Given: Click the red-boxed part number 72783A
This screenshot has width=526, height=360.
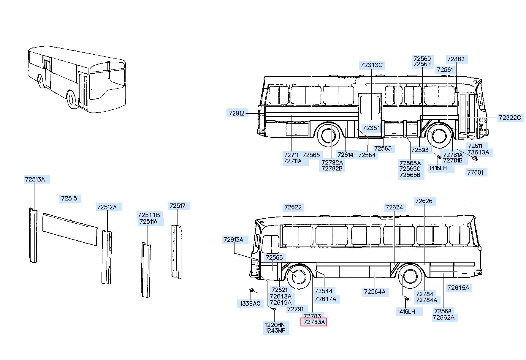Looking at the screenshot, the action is click(314, 322).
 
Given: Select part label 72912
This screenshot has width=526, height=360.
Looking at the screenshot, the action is click(237, 113).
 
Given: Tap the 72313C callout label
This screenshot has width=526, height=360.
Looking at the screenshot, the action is click(372, 65).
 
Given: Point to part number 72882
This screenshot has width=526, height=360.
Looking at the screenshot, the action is click(456, 59).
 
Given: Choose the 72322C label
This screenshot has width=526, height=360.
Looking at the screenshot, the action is click(510, 118).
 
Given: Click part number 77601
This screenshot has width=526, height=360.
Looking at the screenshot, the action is click(475, 172).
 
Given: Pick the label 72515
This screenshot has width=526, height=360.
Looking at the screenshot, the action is click(69, 198).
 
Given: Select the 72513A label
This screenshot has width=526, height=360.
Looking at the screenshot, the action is click(35, 179).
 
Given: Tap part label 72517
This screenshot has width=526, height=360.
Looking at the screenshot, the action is click(177, 206).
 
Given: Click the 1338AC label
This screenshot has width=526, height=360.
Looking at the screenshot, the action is click(250, 304).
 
